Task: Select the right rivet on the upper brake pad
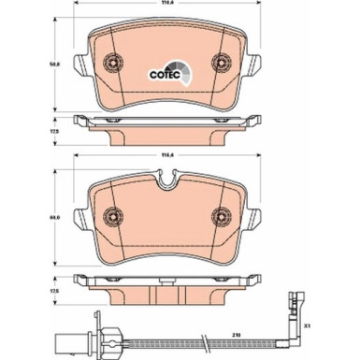pyautogui.click(x=222, y=64)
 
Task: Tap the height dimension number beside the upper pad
pyautogui.click(x=55, y=64)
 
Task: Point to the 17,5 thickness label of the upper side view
pyautogui.click(x=55, y=132)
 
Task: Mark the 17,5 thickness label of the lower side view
pyautogui.click(x=55, y=290)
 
